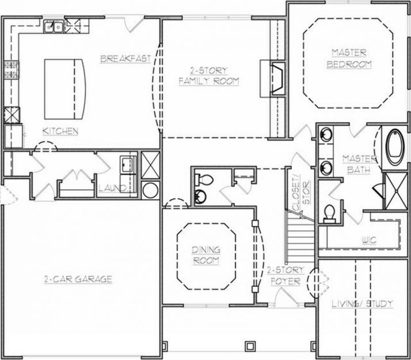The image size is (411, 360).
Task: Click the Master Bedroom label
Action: [x=349, y=60]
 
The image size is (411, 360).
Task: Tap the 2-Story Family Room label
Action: [x=208, y=76]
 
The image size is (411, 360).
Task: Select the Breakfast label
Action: [x=125, y=58]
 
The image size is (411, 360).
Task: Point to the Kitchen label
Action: [x=60, y=131]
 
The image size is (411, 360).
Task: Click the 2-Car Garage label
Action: [x=78, y=279]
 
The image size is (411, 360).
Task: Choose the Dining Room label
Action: [x=205, y=256]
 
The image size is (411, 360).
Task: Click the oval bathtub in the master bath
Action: [x=395, y=146]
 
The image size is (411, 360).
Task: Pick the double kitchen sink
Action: [x=56, y=26]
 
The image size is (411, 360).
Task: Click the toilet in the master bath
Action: [x=330, y=213]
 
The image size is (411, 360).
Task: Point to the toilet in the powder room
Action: [x=200, y=196]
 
